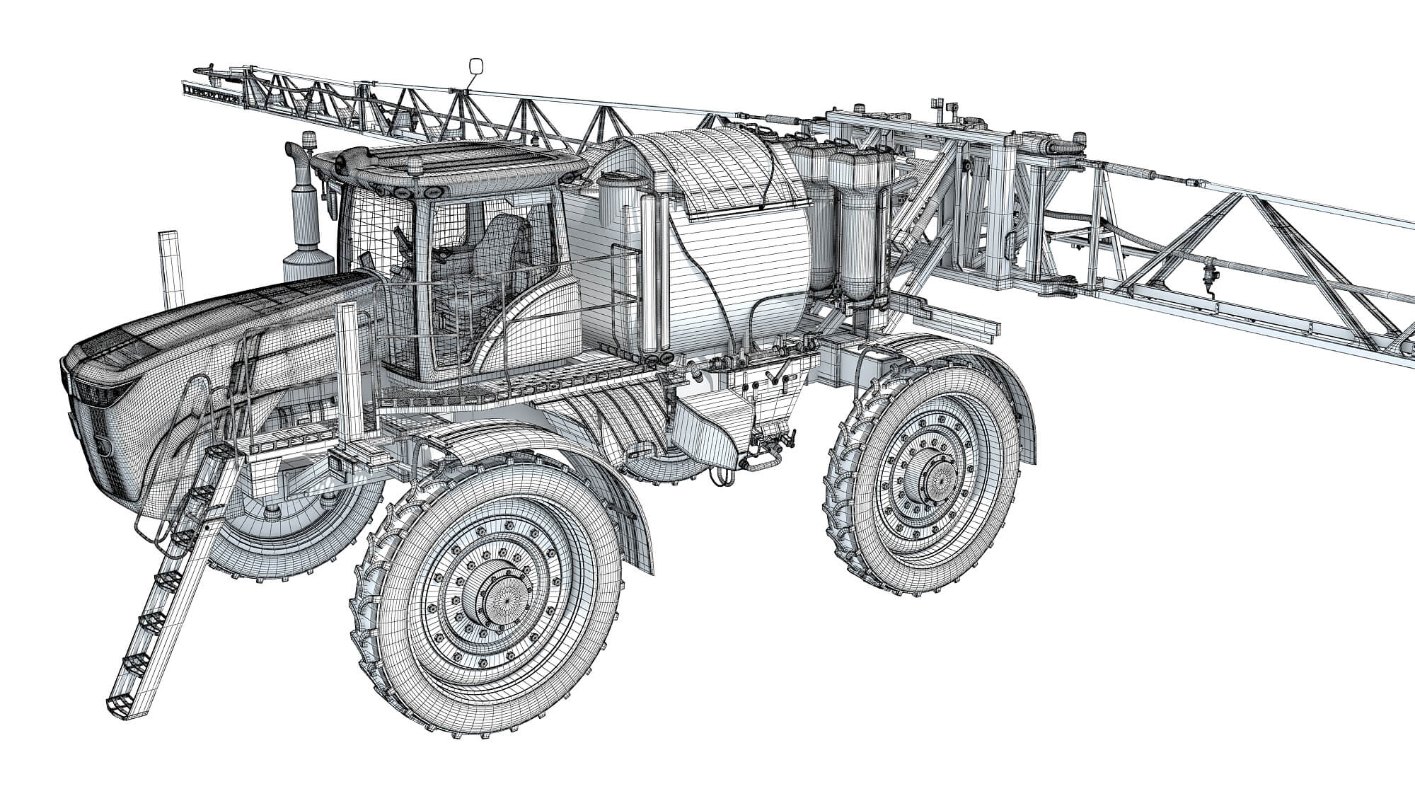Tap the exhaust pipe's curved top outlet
pos(292,153)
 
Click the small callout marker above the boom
pos(476,67)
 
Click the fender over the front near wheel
pos(538,453)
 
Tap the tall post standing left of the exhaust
pos(169,272)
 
